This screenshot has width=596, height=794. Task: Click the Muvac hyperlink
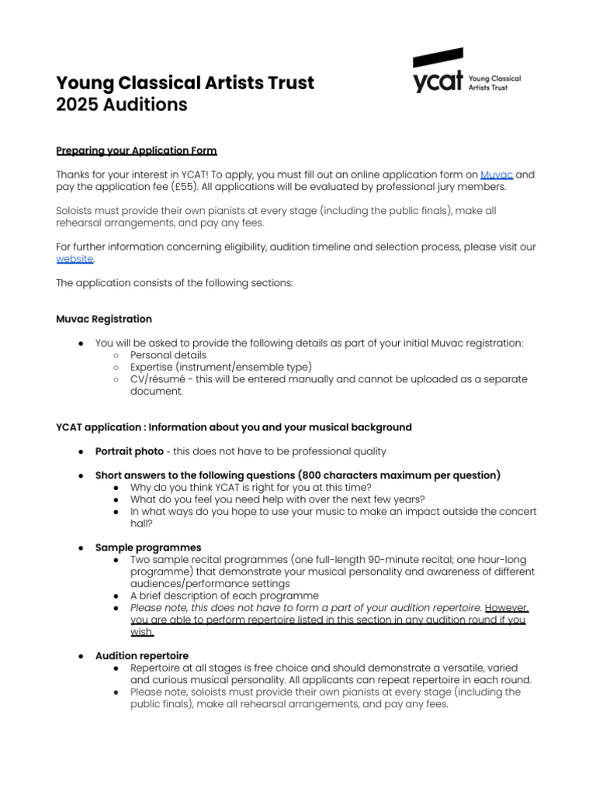pos(497,175)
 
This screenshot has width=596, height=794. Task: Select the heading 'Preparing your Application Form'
pos(137,150)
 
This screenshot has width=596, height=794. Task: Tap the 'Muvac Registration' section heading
pos(104,319)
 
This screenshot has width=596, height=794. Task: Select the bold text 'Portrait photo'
pos(129,451)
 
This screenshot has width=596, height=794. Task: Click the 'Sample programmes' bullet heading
pos(147,547)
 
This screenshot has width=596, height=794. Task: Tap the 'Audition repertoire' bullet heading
pos(141,656)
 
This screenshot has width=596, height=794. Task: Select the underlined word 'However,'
pos(507,608)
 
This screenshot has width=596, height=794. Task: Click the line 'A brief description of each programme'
pos(224,596)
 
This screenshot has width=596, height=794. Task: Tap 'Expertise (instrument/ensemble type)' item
pos(221,367)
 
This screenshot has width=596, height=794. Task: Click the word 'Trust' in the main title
pos(287,83)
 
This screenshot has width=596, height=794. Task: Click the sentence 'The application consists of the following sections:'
pos(175,283)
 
